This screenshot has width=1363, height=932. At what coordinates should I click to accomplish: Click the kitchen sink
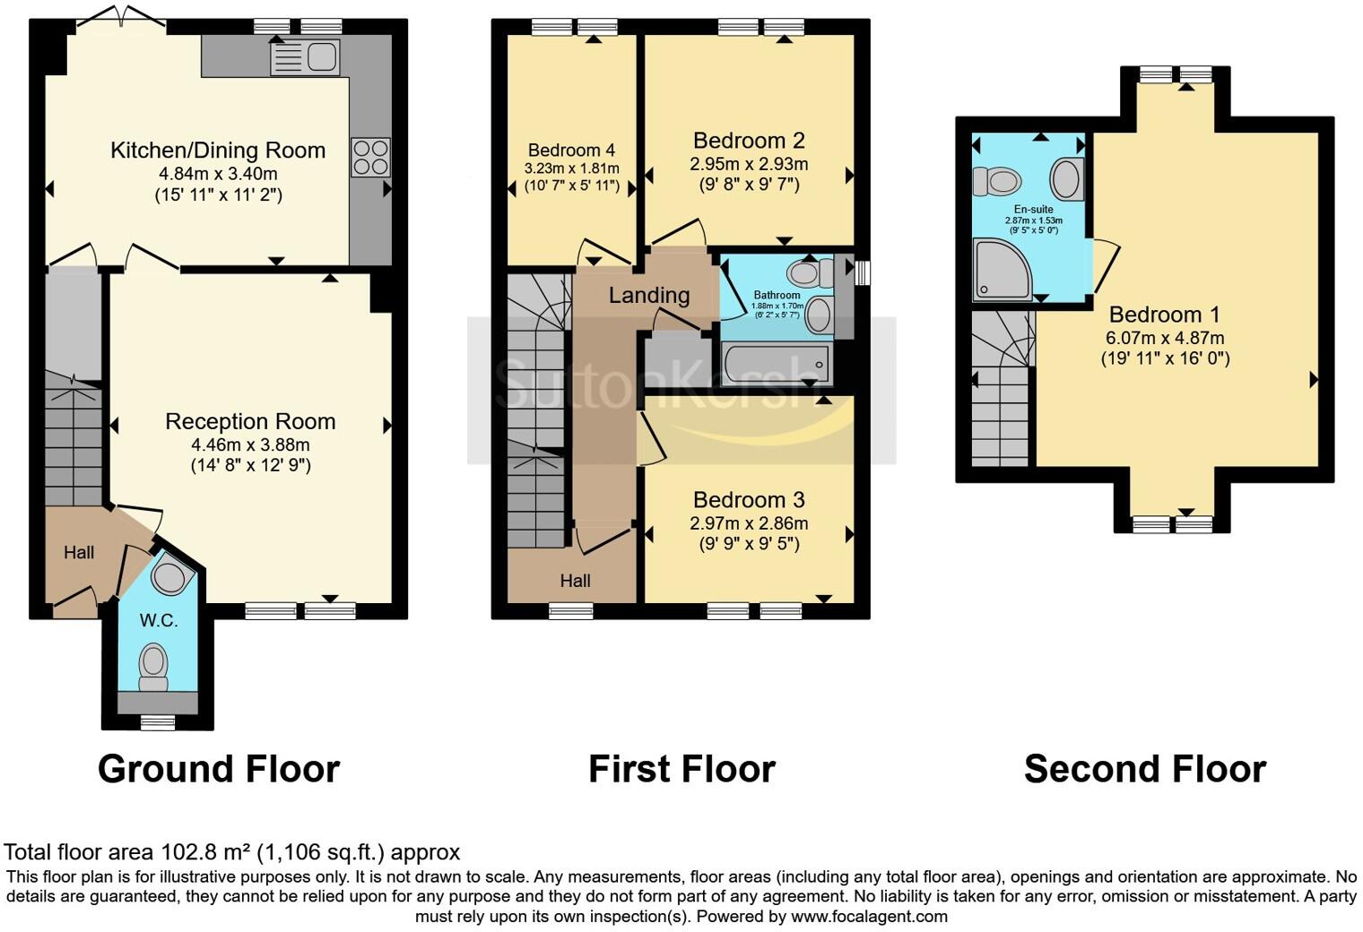[x=305, y=57]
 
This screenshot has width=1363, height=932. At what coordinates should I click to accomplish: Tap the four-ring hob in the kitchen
[x=370, y=158]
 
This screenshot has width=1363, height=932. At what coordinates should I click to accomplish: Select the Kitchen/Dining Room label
[x=218, y=151]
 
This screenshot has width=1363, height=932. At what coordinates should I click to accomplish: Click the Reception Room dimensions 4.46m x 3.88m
[x=251, y=444]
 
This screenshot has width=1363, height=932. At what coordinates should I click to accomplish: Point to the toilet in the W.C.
[x=153, y=668]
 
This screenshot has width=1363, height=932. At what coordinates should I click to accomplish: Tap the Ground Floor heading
[x=219, y=769]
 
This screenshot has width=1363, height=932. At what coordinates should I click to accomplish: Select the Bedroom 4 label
[x=571, y=151]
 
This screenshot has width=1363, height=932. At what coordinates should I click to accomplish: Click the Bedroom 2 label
[x=749, y=141]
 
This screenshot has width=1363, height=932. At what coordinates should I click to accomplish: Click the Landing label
[x=649, y=296]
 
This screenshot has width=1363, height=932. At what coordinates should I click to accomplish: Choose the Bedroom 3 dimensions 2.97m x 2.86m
[x=749, y=523]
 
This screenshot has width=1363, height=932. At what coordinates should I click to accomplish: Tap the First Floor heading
[x=682, y=769]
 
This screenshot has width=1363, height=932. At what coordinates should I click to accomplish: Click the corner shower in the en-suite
[x=1003, y=269]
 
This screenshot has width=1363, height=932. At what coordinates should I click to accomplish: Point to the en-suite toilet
[x=997, y=181]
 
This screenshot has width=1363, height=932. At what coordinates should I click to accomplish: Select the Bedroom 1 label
[x=1165, y=315]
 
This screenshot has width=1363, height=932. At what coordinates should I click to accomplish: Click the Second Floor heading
[x=1145, y=769]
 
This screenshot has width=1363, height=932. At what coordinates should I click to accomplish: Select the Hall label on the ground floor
[x=79, y=553]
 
